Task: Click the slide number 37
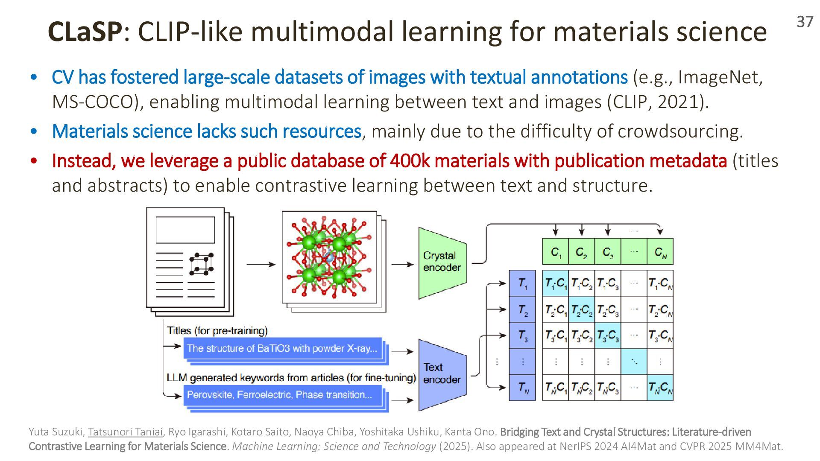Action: pos(805,22)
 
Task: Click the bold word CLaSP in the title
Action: pos(85,32)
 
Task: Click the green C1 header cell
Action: pos(556,252)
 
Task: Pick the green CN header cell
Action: pos(660,252)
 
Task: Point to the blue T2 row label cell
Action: pos(522,310)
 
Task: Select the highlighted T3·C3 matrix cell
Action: pos(608,336)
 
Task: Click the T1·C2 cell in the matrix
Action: pos(582,283)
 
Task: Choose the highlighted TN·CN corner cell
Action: pos(660,388)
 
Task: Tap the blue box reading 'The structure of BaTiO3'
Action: pos(283,348)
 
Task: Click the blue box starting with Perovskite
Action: pos(283,395)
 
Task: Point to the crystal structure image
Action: pos(329,257)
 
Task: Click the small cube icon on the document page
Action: pos(201,264)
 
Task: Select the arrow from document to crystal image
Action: pos(261,265)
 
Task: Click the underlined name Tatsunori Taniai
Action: pos(125,432)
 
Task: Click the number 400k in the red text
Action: pos(409,161)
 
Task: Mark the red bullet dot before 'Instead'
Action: pos(34,161)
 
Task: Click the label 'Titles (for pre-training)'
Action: pos(217,331)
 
